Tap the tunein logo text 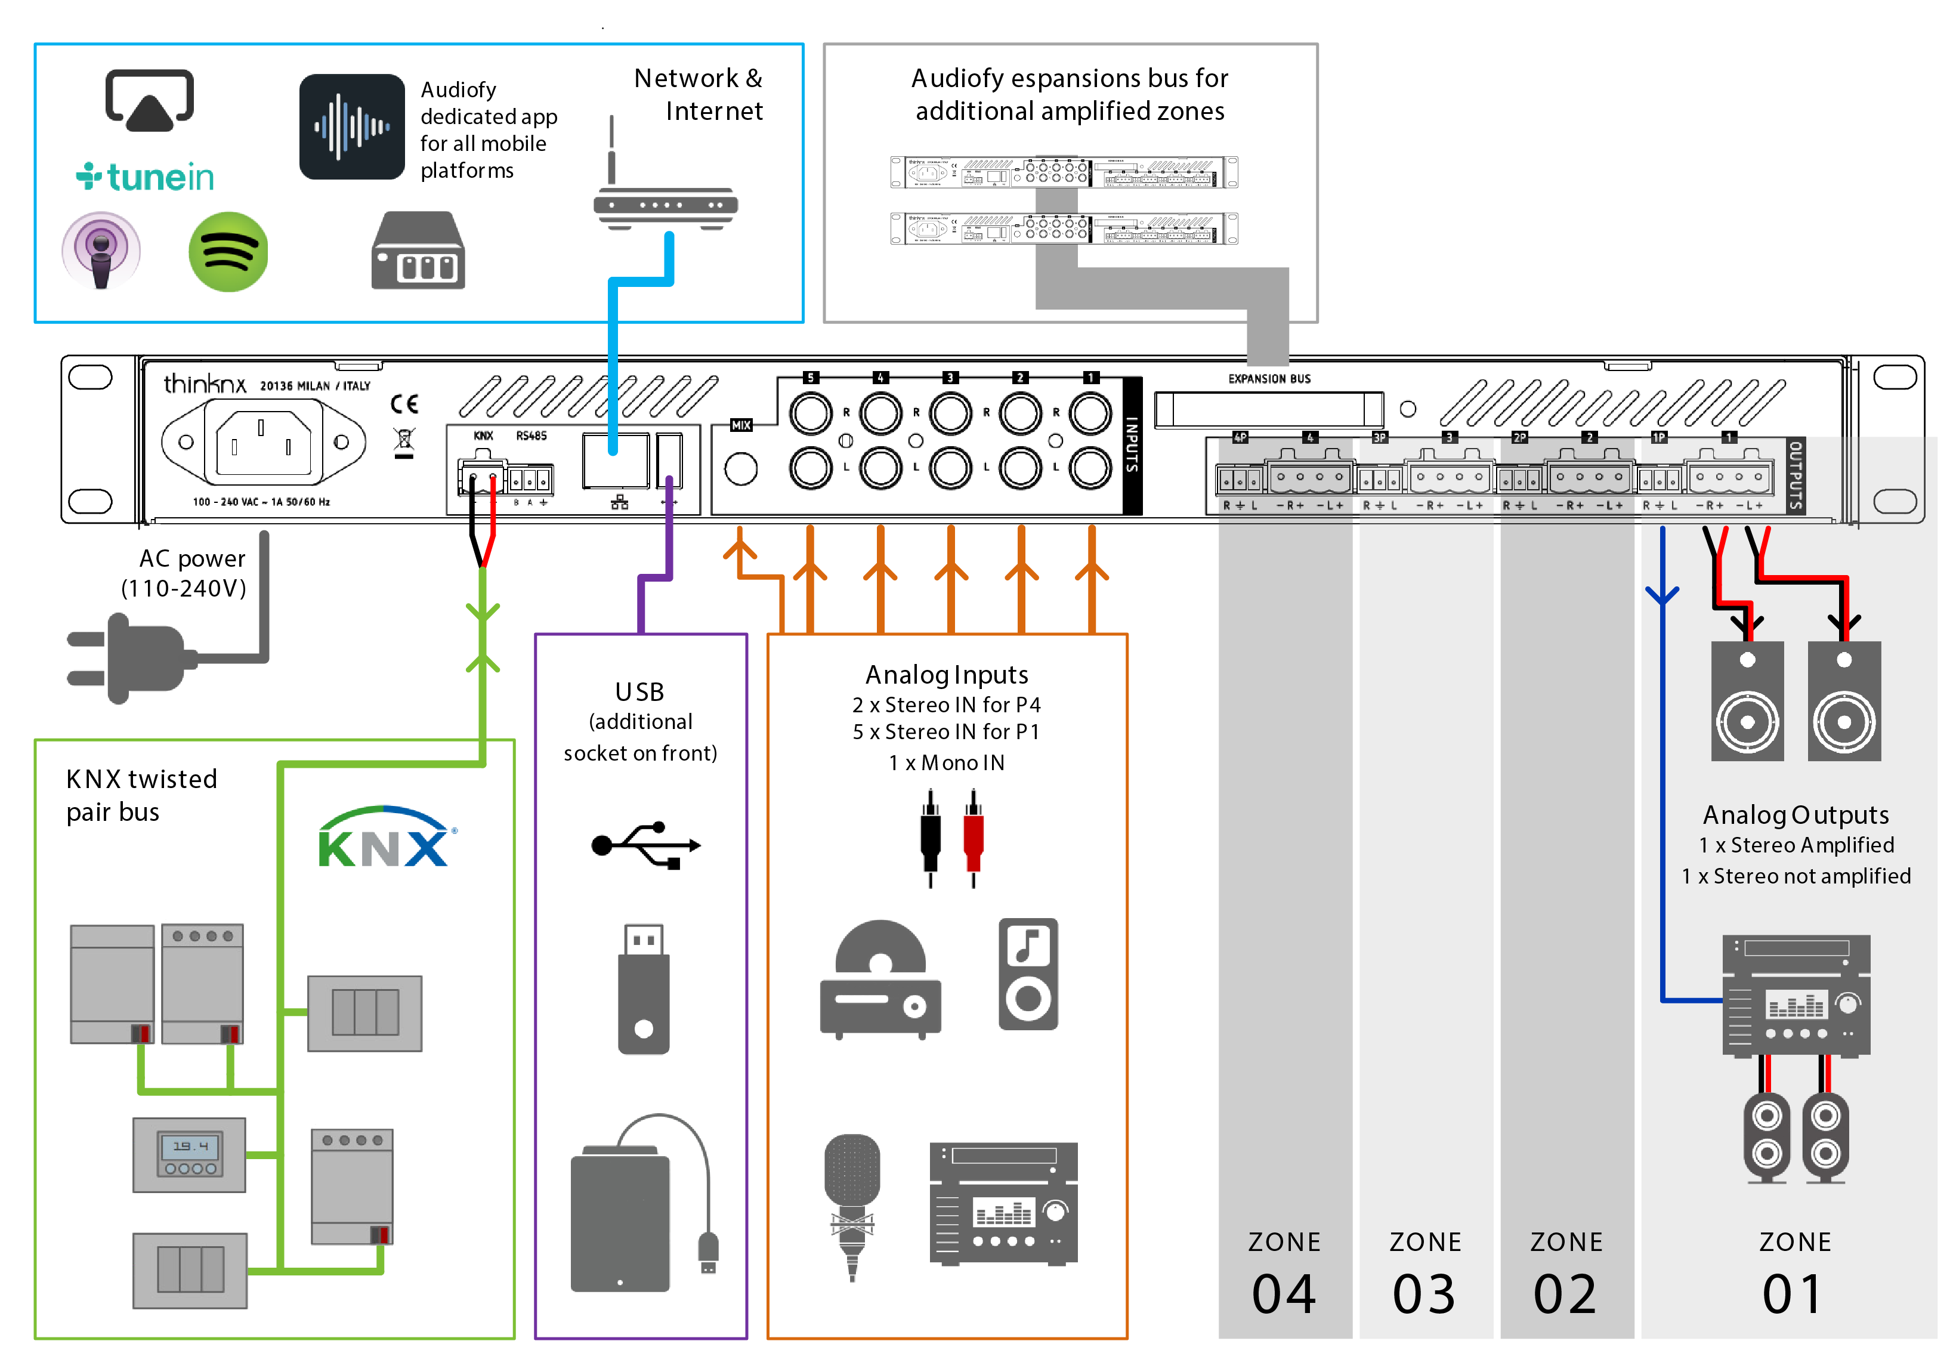click(x=146, y=177)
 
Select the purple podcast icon click(x=101, y=251)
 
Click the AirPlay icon click(x=149, y=101)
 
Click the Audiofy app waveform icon click(x=352, y=127)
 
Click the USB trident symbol click(x=645, y=844)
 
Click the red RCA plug click(x=974, y=838)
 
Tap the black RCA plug click(x=931, y=838)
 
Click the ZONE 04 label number click(x=1284, y=1294)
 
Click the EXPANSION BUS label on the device click(x=1269, y=379)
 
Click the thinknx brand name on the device click(x=205, y=384)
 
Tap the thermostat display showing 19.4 click(x=190, y=1147)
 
